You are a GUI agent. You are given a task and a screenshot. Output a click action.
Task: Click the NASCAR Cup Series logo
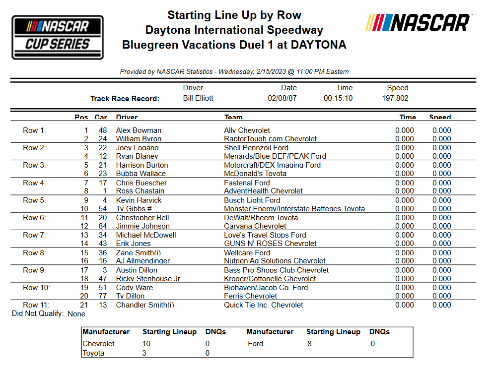tap(58, 37)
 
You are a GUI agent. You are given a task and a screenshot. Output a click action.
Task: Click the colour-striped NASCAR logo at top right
tap(418, 23)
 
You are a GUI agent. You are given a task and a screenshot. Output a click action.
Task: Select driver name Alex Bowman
tap(139, 130)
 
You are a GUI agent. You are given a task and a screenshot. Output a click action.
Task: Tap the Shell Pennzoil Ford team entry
tap(256, 148)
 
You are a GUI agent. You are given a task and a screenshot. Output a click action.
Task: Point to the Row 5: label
tap(34, 200)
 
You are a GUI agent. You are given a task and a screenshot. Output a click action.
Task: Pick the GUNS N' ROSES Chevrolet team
tap(270, 244)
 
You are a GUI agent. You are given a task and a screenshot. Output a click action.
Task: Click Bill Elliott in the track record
tap(198, 98)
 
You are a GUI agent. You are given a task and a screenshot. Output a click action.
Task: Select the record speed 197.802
tap(392, 98)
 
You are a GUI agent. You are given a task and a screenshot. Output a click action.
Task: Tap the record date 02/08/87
tap(282, 98)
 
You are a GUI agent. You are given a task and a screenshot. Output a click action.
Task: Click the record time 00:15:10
tap(338, 98)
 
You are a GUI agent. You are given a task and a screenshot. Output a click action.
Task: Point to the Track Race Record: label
tap(125, 99)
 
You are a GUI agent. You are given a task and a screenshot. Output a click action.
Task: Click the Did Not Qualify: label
tap(38, 313)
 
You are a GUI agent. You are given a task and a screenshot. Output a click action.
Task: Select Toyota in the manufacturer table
tap(93, 353)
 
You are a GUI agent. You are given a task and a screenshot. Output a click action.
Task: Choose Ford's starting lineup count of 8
tap(309, 344)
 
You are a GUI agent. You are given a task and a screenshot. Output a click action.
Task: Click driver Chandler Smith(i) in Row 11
tap(145, 305)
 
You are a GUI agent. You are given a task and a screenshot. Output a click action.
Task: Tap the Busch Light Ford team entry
tap(252, 200)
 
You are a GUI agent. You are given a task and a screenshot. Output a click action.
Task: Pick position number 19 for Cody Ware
tap(84, 288)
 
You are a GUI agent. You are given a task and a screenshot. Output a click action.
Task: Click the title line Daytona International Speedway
tap(234, 30)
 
